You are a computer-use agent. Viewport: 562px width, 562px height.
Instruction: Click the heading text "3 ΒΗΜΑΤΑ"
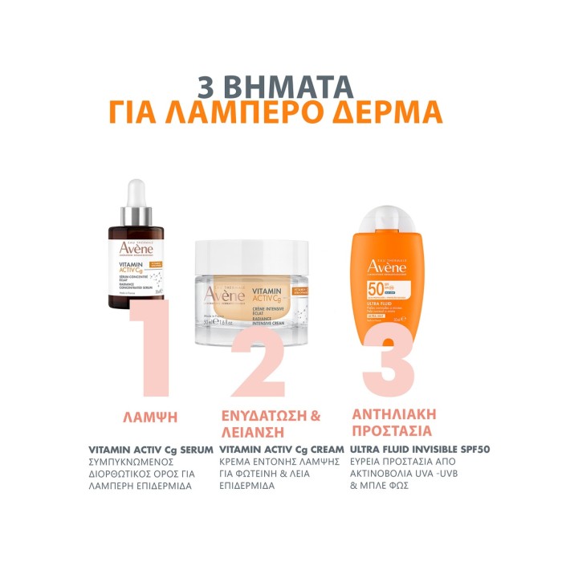click(280, 87)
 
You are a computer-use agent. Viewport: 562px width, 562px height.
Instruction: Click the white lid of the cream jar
click(260, 253)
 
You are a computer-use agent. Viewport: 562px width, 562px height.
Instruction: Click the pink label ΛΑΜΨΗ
click(149, 417)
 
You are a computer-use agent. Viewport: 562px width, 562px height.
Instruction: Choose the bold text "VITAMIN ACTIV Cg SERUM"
click(151, 450)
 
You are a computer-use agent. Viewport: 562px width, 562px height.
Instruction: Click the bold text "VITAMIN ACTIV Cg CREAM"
click(281, 450)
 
